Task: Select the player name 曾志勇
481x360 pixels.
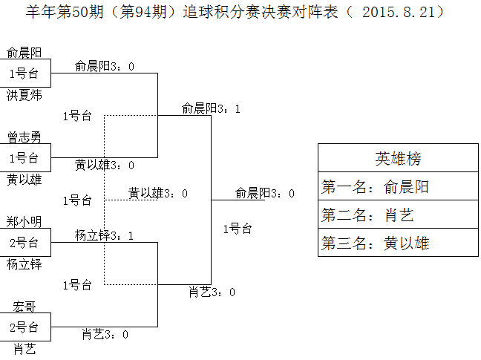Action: (24, 137)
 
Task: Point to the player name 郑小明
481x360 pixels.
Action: (24, 221)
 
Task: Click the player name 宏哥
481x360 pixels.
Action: (24, 306)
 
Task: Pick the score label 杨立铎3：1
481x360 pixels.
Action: (104, 236)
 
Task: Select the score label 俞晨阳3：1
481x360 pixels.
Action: (211, 108)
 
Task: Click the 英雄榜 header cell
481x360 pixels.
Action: (398, 158)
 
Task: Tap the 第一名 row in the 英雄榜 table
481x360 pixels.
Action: (398, 187)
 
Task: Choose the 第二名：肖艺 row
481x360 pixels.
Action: (398, 215)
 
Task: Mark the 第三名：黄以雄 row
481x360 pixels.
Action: (398, 243)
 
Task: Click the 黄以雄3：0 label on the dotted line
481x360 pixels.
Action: (157, 193)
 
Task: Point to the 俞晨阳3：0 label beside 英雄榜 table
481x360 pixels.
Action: (264, 193)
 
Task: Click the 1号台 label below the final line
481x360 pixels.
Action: (238, 229)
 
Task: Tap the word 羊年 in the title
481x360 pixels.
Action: (39, 12)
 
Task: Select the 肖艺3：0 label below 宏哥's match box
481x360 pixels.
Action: (105, 335)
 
